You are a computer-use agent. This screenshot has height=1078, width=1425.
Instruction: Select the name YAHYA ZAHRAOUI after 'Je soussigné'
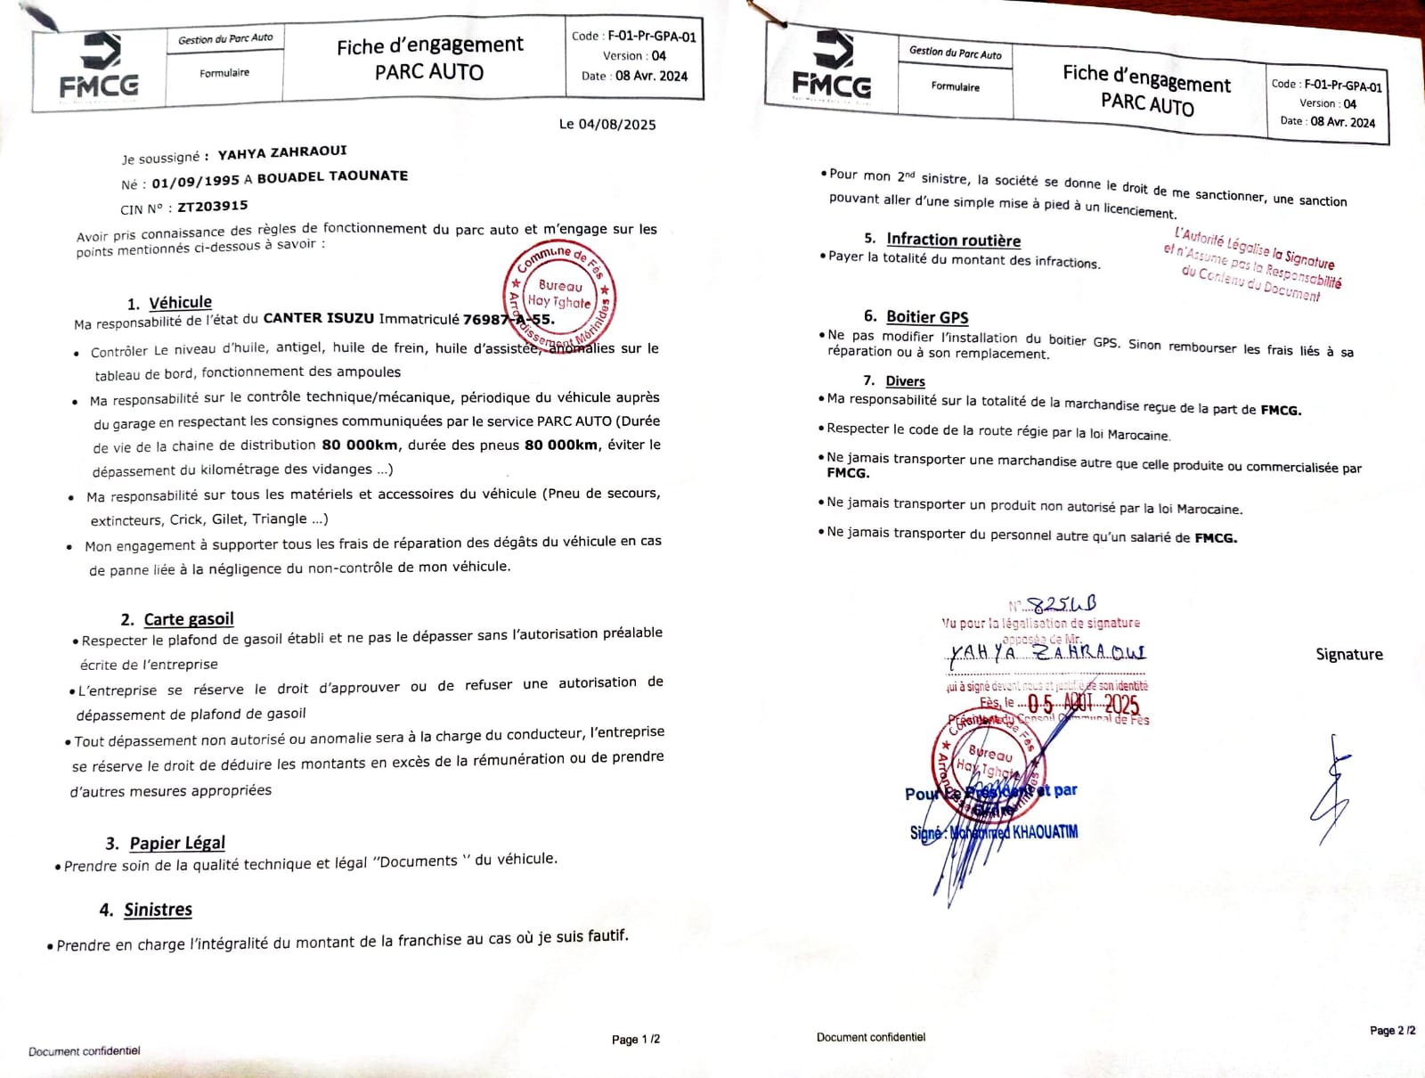[x=282, y=152]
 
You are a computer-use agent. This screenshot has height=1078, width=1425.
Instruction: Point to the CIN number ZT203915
[x=213, y=207]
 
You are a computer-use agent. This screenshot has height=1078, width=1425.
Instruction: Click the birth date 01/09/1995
[x=195, y=181]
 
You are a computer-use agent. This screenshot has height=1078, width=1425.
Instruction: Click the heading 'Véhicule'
[x=180, y=303]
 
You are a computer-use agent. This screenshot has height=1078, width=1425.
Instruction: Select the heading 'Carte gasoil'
[x=189, y=619]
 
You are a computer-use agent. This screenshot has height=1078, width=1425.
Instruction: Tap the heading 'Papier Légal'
[x=177, y=843]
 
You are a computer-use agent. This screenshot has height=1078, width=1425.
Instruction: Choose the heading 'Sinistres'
[x=158, y=910]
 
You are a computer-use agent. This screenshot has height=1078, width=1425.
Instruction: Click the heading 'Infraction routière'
[x=953, y=240]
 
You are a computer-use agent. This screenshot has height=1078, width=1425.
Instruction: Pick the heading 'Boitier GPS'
[x=927, y=317]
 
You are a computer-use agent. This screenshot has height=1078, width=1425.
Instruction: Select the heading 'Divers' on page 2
[x=905, y=381]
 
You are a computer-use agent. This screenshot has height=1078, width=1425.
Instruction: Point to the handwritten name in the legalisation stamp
[x=1047, y=653]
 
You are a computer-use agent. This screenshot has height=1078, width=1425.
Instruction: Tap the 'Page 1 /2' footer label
[x=636, y=1039]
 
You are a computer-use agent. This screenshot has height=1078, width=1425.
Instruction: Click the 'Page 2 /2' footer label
[x=1392, y=1031]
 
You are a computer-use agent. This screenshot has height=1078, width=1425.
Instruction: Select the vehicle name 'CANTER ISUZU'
[x=319, y=318]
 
